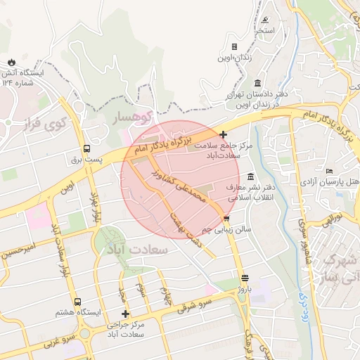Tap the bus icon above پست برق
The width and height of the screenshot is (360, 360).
coord(86,148)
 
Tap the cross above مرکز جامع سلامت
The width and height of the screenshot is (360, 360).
coord(224,134)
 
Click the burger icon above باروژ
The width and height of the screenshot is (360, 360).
coord(244,278)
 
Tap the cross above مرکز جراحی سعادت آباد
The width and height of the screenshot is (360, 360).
coord(126,314)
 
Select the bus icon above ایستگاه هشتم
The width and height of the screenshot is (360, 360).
coord(86,299)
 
